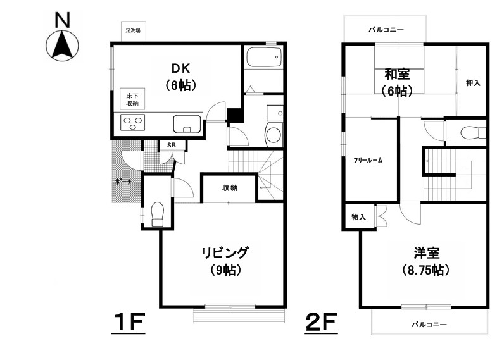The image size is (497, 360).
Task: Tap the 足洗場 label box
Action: pyautogui.click(x=134, y=31)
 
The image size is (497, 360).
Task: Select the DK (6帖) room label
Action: pyautogui.click(x=180, y=77)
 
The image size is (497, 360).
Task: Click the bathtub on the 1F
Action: pyautogui.click(x=264, y=57)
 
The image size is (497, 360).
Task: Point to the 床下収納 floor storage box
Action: pyautogui.click(x=132, y=99)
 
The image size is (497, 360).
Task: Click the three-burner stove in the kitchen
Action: pyautogui.click(x=133, y=123)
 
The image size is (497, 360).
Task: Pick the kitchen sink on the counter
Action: pyautogui.click(x=187, y=124)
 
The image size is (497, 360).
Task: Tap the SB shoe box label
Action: pyautogui.click(x=172, y=146)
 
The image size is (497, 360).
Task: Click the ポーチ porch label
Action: pyautogui.click(x=123, y=182)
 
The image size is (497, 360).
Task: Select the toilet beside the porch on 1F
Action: pyautogui.click(x=158, y=214)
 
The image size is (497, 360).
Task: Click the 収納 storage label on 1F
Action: pyautogui.click(x=230, y=188)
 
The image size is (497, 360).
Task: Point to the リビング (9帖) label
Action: pyautogui.click(x=225, y=261)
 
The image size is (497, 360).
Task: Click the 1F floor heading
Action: pyautogui.click(x=129, y=322)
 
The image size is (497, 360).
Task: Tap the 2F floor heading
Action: pyautogui.click(x=321, y=322)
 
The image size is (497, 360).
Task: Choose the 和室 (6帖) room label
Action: pyautogui.click(x=397, y=82)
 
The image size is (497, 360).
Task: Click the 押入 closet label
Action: pyautogui.click(x=473, y=83)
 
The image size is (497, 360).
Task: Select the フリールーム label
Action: pyautogui.click(x=368, y=160)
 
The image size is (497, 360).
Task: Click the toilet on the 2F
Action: pyautogui.click(x=473, y=133)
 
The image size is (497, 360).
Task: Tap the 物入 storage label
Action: pyautogui.click(x=358, y=217)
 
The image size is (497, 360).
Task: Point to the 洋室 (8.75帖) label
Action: pyautogui.click(x=426, y=261)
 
